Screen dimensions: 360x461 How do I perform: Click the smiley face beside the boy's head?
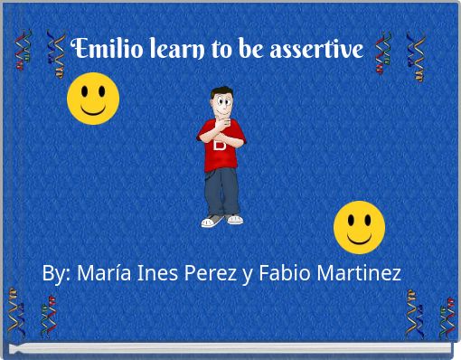click(x=93, y=99)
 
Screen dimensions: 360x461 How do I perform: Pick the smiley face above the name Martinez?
click(x=359, y=226)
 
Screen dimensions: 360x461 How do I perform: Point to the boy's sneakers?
click(x=222, y=220)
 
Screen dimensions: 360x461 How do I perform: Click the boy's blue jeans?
click(x=221, y=190)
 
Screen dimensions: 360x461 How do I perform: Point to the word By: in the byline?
click(x=57, y=272)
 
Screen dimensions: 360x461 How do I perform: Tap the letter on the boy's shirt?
click(x=220, y=144)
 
